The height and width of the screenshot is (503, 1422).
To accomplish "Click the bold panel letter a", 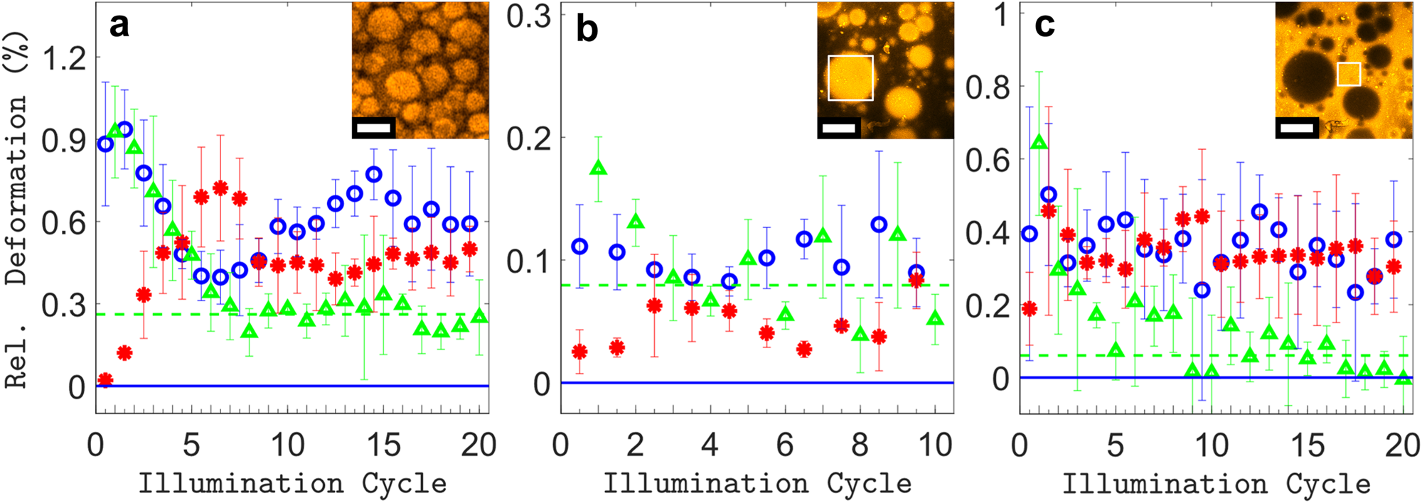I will pyautogui.click(x=119, y=26).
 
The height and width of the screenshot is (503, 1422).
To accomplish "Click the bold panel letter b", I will pyautogui.click(x=587, y=30).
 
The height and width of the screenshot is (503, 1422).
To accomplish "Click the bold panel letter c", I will pyautogui.click(x=1044, y=25).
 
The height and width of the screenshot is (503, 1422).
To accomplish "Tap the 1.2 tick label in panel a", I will pyautogui.click(x=65, y=58).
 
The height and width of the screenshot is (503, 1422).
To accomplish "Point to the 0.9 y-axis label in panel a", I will pyautogui.click(x=65, y=141).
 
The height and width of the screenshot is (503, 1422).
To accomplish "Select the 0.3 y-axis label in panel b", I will pyautogui.click(x=529, y=16).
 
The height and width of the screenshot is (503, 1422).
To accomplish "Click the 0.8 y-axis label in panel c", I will pyautogui.click(x=988, y=87).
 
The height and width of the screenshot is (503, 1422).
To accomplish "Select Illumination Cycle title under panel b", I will pyautogui.click(x=757, y=484).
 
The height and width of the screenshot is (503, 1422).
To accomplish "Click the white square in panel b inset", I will pyautogui.click(x=850, y=77).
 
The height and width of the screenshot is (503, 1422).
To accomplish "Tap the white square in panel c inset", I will pyautogui.click(x=1349, y=74).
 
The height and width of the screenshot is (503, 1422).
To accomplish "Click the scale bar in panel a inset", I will pyautogui.click(x=374, y=128).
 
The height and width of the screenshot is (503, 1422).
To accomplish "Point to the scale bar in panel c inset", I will pyautogui.click(x=1298, y=128).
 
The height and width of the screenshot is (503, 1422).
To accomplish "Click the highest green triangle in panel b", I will pyautogui.click(x=598, y=168).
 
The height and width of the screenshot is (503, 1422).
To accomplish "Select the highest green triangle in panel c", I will pyautogui.click(x=1039, y=142).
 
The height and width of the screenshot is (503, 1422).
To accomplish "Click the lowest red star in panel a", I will pyautogui.click(x=105, y=380).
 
